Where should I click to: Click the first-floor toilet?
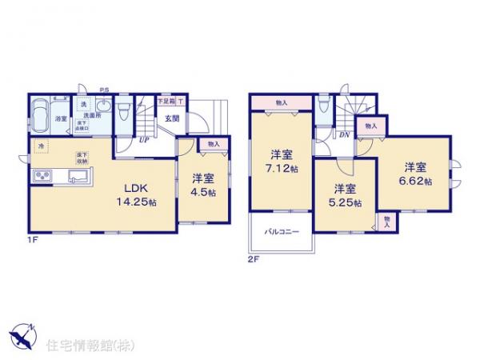122,112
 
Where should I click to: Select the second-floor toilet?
322,106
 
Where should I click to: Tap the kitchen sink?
78,176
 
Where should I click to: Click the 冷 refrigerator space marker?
41,146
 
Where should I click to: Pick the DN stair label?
344,135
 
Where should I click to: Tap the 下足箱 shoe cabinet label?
165,102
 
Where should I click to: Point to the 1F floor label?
33,238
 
